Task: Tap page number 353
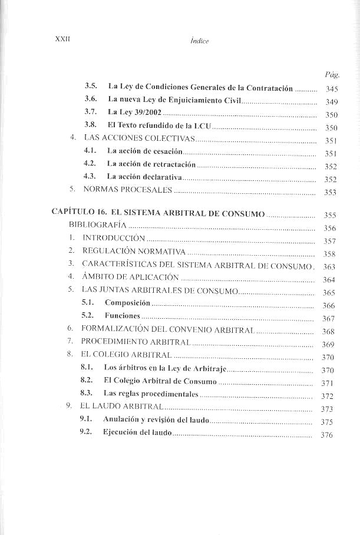(331, 192)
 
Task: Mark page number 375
(328, 422)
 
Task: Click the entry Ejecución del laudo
(137, 432)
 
